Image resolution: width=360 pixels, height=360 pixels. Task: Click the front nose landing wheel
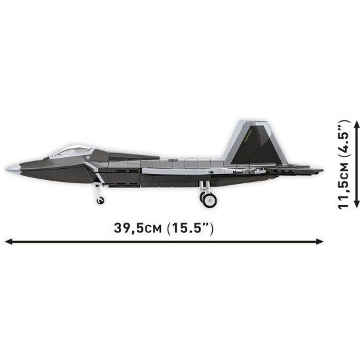click(x=100, y=199)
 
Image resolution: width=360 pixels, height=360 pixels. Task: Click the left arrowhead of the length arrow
click(x=8, y=242)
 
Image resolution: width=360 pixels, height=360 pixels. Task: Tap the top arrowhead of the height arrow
click(x=357, y=123)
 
